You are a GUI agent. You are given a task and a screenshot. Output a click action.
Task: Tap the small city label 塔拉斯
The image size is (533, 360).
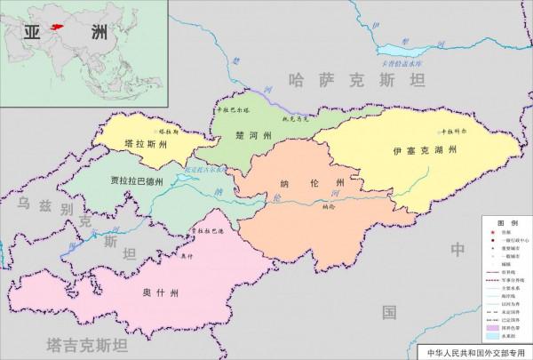(x=167, y=131)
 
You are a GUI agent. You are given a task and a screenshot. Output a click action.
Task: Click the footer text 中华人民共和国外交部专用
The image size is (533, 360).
(x=475, y=352)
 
